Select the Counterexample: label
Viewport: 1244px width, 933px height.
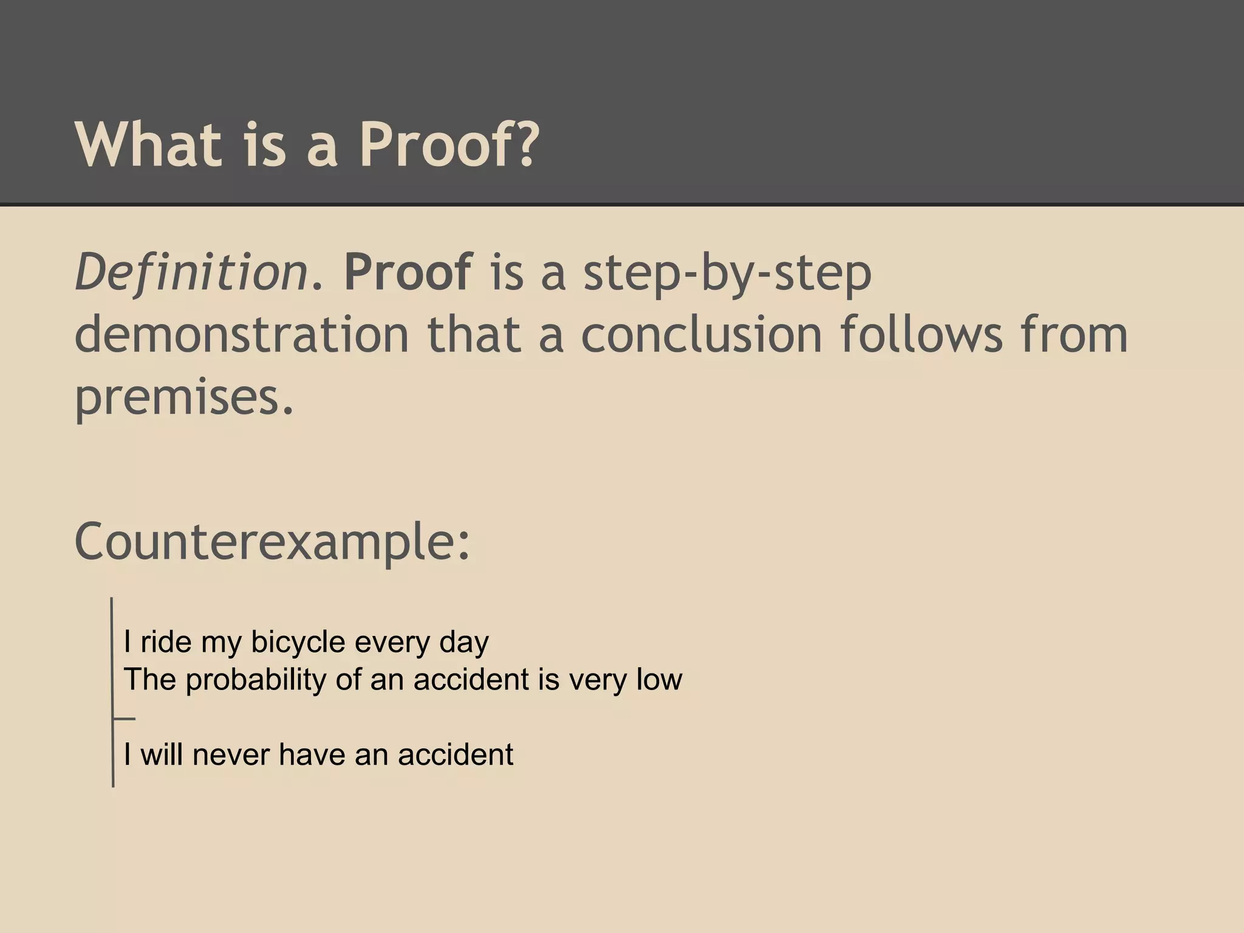click(x=272, y=542)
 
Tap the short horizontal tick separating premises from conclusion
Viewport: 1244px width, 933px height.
click(x=124, y=719)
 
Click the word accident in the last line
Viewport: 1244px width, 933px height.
click(x=456, y=755)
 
